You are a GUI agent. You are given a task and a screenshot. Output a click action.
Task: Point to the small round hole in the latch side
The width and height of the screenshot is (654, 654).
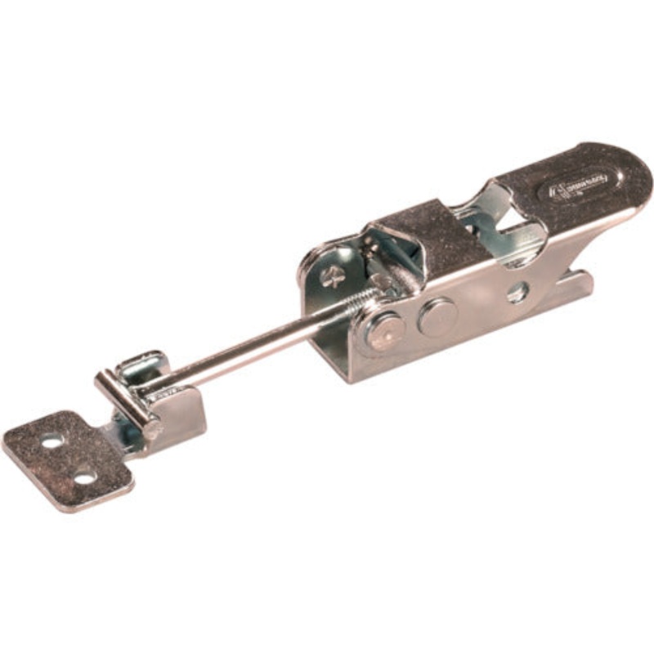[517, 291]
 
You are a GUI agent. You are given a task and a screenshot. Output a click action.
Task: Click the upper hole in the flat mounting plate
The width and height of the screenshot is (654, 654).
[52, 441]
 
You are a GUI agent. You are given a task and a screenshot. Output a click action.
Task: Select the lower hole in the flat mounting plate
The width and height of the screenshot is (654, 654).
[84, 476]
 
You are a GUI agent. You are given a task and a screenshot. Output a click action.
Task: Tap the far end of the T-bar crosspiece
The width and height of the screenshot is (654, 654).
[102, 379]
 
